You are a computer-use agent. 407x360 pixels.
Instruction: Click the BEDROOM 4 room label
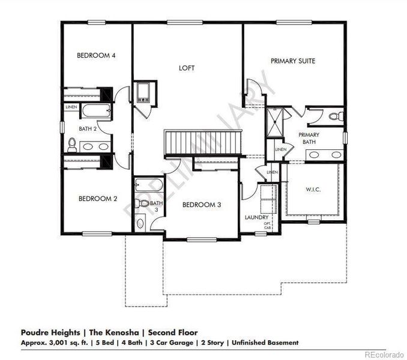pyautogui.click(x=96, y=56)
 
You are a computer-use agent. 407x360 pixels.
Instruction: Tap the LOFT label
pyautogui.click(x=187, y=68)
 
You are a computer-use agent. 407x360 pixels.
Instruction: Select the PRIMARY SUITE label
pyautogui.click(x=293, y=61)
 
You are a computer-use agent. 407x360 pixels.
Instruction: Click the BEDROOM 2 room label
pyautogui.click(x=96, y=199)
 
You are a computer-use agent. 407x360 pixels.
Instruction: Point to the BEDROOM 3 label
pyautogui.click(x=202, y=205)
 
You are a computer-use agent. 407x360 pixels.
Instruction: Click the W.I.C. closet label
pyautogui.click(x=313, y=189)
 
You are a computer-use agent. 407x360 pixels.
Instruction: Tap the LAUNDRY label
pyautogui.click(x=256, y=217)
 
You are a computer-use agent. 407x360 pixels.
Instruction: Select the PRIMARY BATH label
pyautogui.click(x=309, y=139)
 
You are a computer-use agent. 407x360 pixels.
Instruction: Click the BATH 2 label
pyautogui.click(x=89, y=128)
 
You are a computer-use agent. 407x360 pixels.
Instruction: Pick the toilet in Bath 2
pyautogui.click(x=73, y=144)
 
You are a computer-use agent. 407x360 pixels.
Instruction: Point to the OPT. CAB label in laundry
pyautogui.click(x=268, y=227)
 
